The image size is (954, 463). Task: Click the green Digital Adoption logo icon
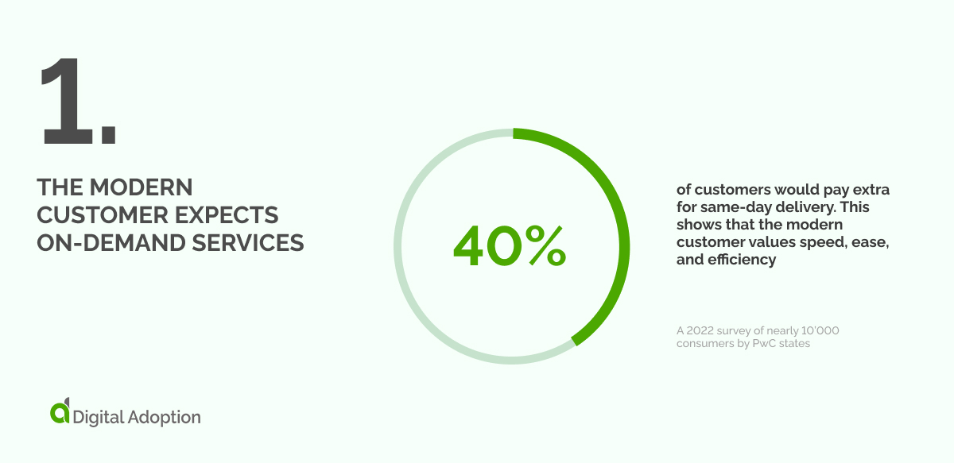tap(60, 412)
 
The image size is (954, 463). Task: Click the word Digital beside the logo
tap(96, 417)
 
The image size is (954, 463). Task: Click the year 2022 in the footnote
tap(702, 330)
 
